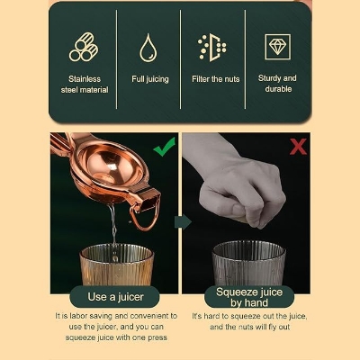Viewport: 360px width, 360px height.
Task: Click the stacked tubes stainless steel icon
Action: pos(84,47)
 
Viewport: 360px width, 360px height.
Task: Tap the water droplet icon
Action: pos(148,48)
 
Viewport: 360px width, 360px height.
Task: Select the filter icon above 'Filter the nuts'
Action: pos(212,48)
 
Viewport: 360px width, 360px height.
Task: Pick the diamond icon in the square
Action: pos(277,47)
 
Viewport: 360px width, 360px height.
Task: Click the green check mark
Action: pos(165,147)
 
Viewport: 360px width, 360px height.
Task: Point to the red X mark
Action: pos(298,147)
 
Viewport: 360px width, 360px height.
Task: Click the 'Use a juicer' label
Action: pos(115,297)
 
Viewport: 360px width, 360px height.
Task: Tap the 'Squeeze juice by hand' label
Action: pos(249,297)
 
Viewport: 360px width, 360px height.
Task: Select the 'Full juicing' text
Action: pos(150,79)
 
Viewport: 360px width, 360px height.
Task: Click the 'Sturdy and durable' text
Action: pos(277,84)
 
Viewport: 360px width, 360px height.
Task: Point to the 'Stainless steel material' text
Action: pos(85,85)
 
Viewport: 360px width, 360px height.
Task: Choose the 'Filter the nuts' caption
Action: pos(216,79)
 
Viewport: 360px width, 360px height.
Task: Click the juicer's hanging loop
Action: pos(144,219)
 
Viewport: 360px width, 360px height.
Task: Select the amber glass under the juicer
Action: pos(117,265)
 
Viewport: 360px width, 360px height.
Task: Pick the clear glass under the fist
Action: pos(249,263)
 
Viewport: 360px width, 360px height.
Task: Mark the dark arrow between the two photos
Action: pos(183,222)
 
